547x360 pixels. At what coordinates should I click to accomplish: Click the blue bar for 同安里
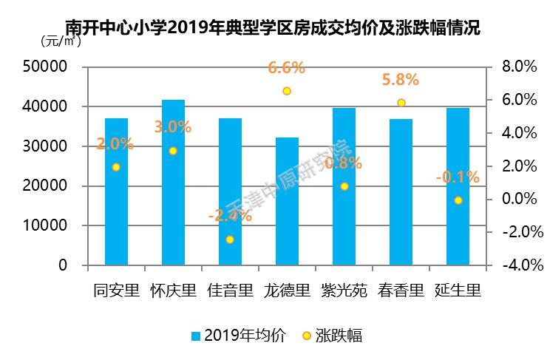click(x=116, y=191)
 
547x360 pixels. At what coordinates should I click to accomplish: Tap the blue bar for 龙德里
click(x=287, y=201)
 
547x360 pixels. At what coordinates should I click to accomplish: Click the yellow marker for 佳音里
click(x=230, y=240)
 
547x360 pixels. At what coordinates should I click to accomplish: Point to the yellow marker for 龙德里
click(x=287, y=91)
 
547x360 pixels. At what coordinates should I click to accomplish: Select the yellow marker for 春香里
click(x=401, y=103)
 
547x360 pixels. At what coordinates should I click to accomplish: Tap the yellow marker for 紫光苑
click(x=344, y=186)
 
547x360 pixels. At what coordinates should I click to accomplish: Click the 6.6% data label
click(x=287, y=69)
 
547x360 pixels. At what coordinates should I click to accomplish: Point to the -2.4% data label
click(x=230, y=216)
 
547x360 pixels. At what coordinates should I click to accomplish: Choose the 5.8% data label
click(x=400, y=80)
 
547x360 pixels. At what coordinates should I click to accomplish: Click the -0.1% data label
click(x=458, y=177)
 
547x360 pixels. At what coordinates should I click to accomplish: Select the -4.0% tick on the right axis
click(x=517, y=265)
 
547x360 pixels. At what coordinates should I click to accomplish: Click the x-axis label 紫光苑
click(x=344, y=290)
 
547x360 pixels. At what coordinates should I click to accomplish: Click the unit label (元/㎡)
click(x=60, y=41)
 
